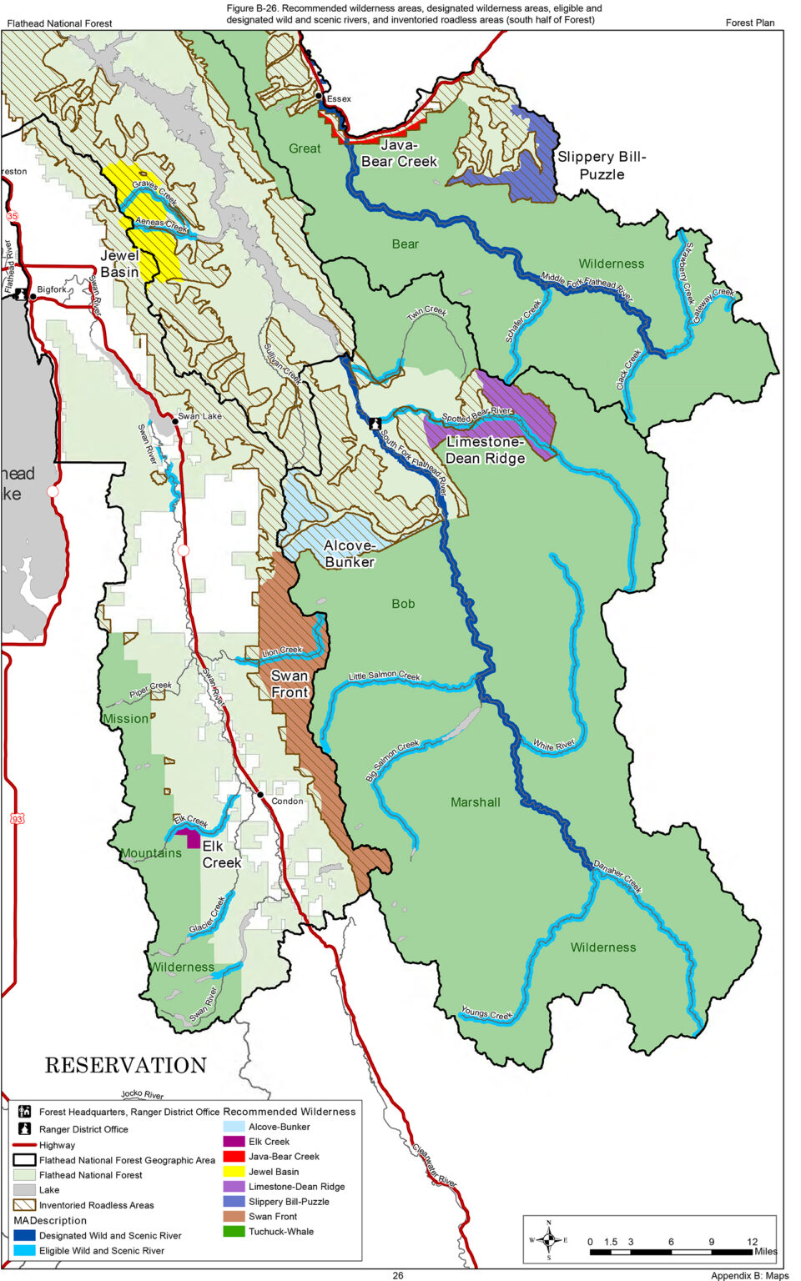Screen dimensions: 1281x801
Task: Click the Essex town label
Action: click(339, 98)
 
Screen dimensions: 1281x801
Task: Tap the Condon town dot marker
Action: click(261, 796)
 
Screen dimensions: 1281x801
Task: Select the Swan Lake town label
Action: click(200, 416)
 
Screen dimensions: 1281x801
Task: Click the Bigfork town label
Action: click(52, 289)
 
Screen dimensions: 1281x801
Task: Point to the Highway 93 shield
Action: click(17, 819)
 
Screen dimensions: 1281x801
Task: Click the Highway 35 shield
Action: click(13, 216)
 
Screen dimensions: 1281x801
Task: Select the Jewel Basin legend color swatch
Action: click(234, 1172)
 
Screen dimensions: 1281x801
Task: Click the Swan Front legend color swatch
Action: click(234, 1217)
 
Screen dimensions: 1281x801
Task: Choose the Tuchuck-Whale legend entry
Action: click(280, 1232)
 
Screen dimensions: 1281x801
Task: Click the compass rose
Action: click(548, 1239)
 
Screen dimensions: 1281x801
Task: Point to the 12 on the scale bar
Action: click(752, 1241)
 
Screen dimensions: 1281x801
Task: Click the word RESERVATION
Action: click(125, 1065)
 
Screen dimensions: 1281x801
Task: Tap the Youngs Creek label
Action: click(486, 1014)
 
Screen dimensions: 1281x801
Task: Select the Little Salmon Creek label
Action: click(384, 676)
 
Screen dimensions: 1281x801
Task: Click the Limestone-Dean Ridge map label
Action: click(485, 450)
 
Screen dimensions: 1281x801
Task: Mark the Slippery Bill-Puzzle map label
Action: click(602, 165)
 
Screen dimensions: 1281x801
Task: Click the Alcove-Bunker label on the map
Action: click(350, 554)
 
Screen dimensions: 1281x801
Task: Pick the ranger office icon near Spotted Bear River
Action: click(375, 424)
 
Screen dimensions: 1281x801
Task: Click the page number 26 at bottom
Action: click(398, 1275)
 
